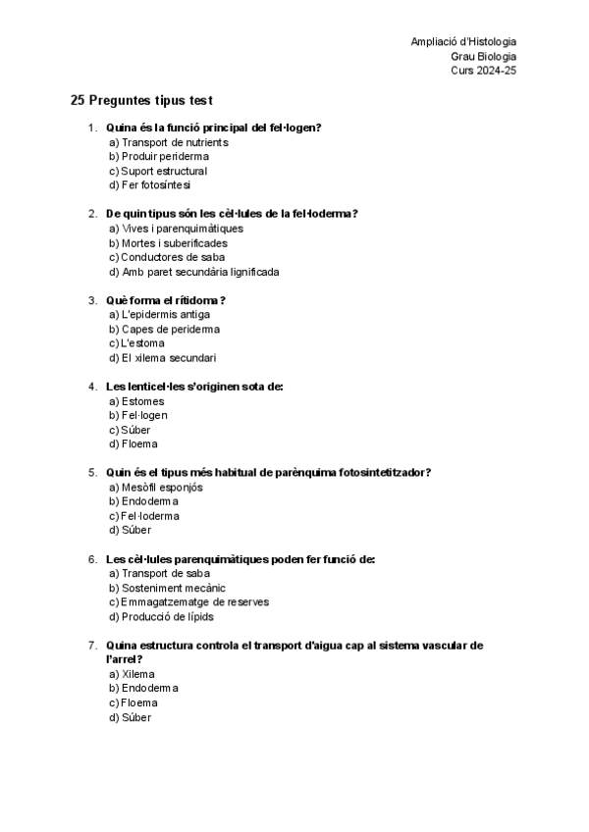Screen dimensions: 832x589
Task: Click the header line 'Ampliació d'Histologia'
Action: pyautogui.click(x=463, y=41)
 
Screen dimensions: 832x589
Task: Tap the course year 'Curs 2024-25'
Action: pyautogui.click(x=483, y=71)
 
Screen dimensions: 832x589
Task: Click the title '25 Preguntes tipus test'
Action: pyautogui.click(x=142, y=101)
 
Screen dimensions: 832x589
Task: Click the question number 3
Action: pyautogui.click(x=92, y=300)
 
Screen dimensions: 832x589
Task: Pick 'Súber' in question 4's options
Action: pyautogui.click(x=135, y=430)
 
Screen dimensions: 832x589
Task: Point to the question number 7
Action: pyautogui.click(x=92, y=646)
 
